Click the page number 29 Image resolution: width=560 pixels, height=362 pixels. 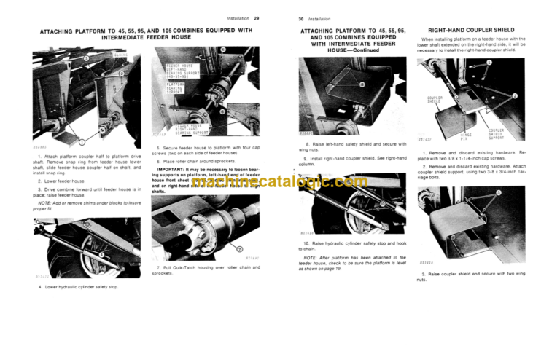point(256,17)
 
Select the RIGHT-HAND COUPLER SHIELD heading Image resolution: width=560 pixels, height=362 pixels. point(475,30)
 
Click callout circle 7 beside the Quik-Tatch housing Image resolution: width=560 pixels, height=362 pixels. point(240,248)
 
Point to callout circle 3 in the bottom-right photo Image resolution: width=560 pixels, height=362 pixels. point(498,192)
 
